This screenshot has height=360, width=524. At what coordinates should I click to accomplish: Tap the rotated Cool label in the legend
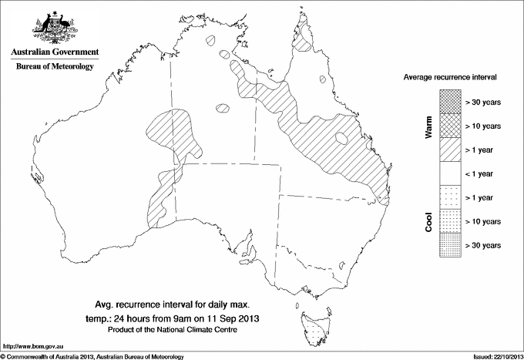(428, 222)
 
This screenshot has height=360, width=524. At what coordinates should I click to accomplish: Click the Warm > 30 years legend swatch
(449, 101)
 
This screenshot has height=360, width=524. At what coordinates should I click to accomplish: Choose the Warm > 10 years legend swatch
(449, 125)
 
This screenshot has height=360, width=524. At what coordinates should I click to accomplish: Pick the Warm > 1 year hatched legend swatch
(449, 150)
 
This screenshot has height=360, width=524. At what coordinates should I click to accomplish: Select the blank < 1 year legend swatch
(449, 173)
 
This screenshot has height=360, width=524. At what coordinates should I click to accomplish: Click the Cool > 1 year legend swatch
(449, 197)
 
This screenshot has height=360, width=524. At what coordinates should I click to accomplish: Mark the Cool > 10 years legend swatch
(449, 221)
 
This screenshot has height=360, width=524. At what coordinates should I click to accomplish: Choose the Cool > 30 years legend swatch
(449, 245)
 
